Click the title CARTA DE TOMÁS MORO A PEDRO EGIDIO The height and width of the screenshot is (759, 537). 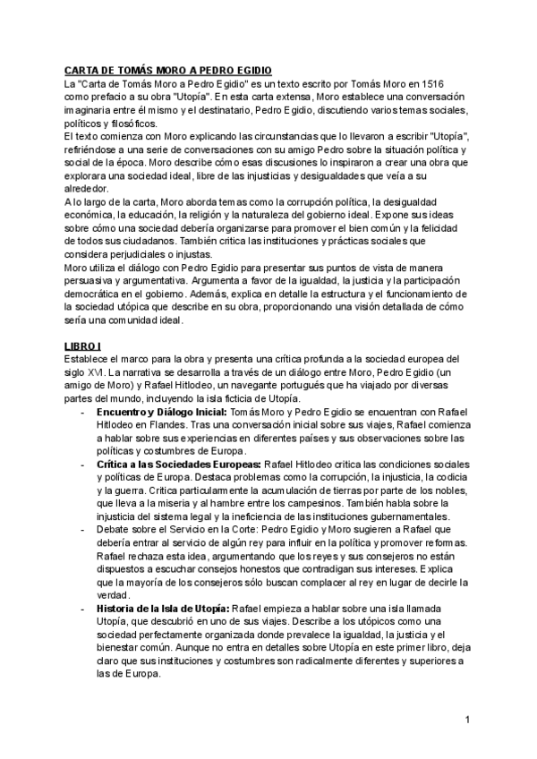[167, 69]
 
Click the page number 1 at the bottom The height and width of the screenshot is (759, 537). [467, 720]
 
